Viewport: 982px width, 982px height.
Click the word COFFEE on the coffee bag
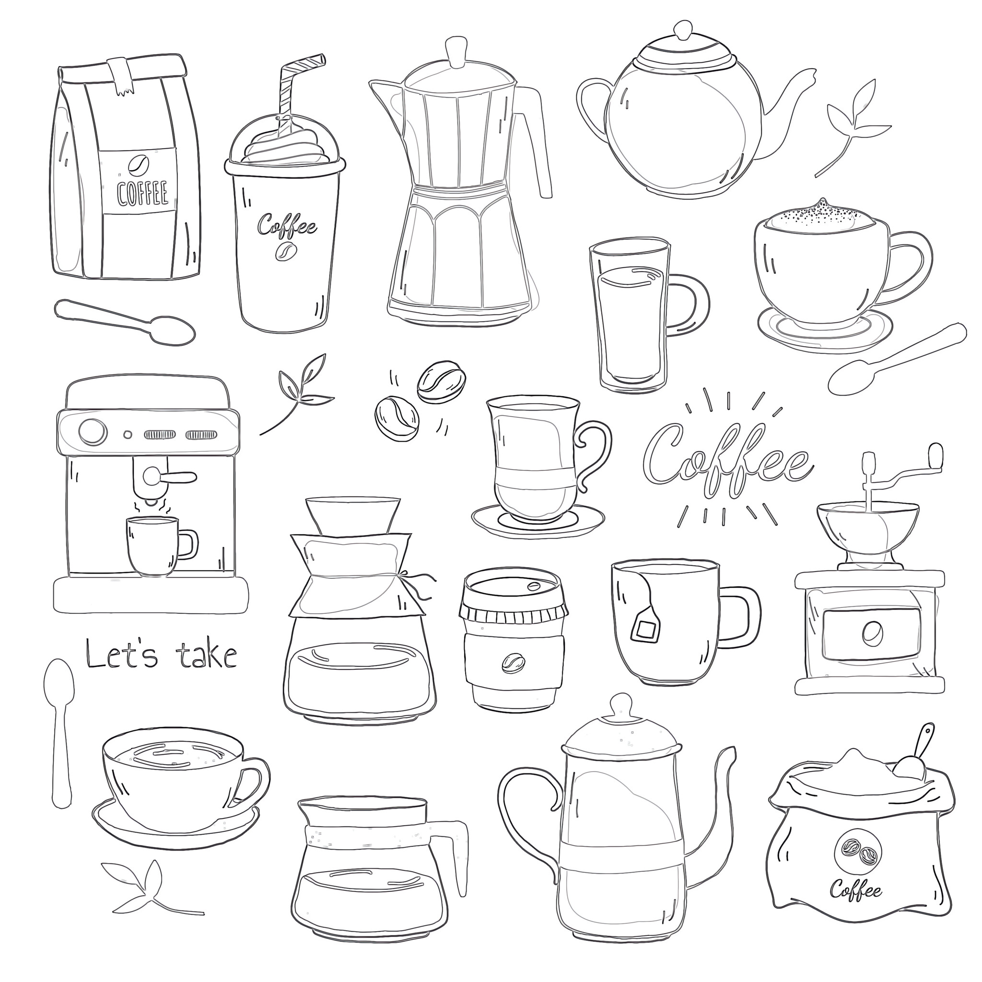coord(142,194)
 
